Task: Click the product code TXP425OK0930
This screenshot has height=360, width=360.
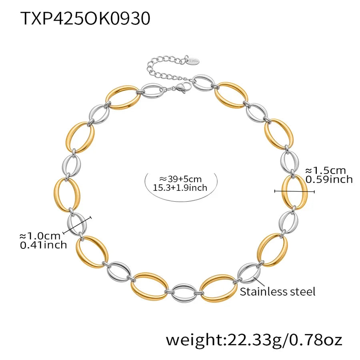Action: (85, 18)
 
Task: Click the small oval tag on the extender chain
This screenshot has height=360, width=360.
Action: (194, 61)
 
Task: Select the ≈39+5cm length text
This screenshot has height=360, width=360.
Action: (180, 179)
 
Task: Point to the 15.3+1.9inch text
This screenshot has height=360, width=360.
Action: (180, 188)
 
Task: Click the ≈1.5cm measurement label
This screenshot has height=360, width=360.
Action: (326, 170)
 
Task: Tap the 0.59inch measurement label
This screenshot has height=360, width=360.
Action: (329, 180)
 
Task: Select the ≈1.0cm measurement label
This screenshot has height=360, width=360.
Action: (40, 236)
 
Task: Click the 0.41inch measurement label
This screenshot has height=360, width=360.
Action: (43, 245)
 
